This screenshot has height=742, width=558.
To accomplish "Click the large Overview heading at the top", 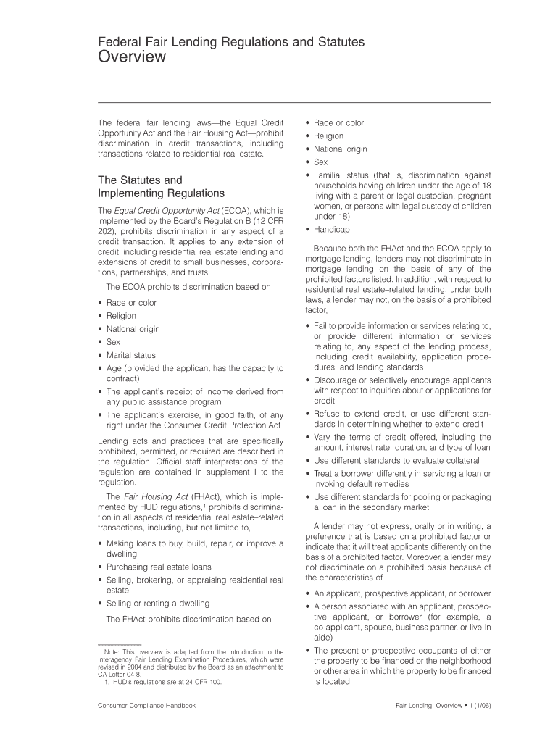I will [x=132, y=57].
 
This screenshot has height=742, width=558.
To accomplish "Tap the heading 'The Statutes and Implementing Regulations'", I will [x=161, y=186].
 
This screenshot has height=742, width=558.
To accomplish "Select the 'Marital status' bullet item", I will [x=131, y=355].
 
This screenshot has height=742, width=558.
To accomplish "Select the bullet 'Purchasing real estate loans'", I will [x=159, y=567].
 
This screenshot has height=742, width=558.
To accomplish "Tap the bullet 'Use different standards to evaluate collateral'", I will [x=396, y=460].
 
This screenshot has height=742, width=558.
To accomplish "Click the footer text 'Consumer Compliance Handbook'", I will [x=147, y=704].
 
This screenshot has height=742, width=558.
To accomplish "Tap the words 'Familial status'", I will [x=340, y=175].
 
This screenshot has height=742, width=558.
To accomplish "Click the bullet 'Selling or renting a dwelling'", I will [x=157, y=603].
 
